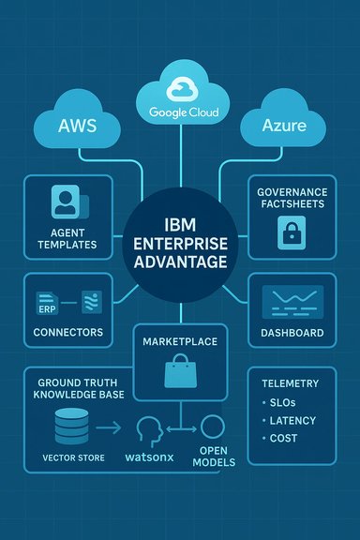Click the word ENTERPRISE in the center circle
click(x=179, y=243)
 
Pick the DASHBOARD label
click(x=292, y=332)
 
